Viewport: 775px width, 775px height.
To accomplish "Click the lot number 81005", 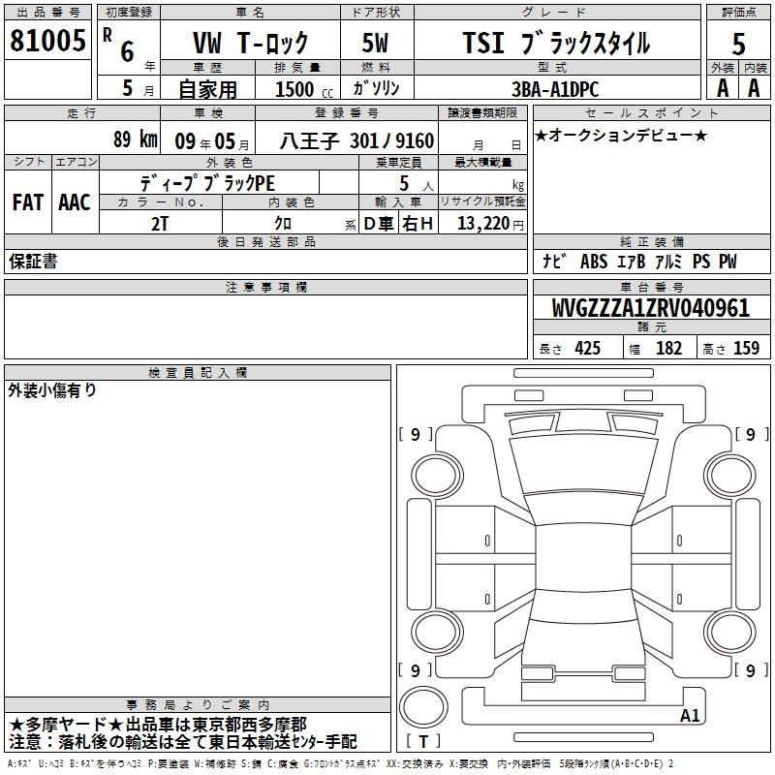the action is click(x=47, y=41).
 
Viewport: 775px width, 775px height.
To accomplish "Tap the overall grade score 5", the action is click(x=738, y=45).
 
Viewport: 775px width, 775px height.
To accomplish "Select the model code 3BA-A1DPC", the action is click(x=555, y=89).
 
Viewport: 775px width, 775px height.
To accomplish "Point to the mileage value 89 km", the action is click(x=136, y=139).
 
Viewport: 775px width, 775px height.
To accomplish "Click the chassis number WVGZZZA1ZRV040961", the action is click(x=650, y=308).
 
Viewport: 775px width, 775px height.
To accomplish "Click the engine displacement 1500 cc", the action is click(x=304, y=89).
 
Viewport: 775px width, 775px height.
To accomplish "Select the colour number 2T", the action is click(x=160, y=224).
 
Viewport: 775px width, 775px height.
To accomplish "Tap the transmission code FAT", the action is click(x=28, y=202).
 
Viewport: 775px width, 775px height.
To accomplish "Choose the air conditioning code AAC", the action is click(x=75, y=202).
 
